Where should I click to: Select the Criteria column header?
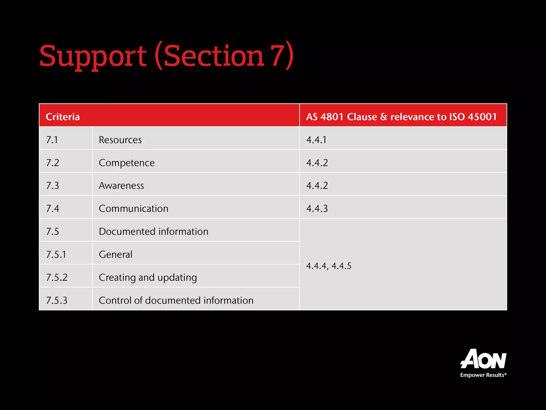(63, 117)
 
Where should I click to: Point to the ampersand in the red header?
(384, 117)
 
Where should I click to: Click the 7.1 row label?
(52, 140)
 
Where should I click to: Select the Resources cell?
(120, 140)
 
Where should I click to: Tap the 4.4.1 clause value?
(316, 140)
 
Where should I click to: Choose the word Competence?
(127, 163)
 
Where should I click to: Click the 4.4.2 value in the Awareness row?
(317, 186)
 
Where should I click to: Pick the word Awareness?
(121, 186)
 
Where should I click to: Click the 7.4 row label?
(53, 208)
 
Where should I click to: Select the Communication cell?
(134, 208)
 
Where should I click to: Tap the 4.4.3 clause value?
(317, 208)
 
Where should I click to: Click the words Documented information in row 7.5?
(154, 231)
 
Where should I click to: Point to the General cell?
(115, 254)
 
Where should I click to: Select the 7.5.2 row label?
(57, 277)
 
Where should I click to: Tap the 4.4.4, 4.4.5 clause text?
(329, 266)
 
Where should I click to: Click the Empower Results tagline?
(483, 375)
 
